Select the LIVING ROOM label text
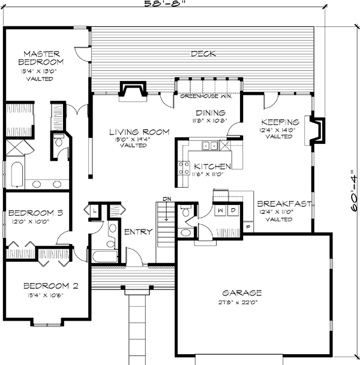[x=139, y=132]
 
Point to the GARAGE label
[x=242, y=293]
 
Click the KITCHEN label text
[x=210, y=166]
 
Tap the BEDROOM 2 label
[x=50, y=286]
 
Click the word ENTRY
[x=137, y=232]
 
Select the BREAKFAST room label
[x=284, y=204]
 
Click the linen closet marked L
[x=95, y=211]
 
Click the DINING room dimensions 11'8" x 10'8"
[x=210, y=120]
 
